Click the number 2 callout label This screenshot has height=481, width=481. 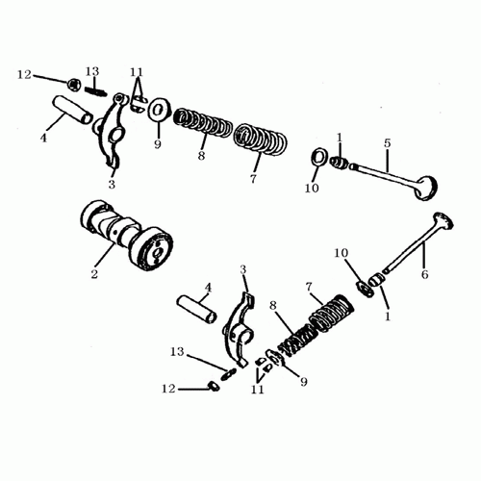(94, 274)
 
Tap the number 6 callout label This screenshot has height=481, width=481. (425, 274)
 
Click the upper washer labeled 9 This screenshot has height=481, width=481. (157, 108)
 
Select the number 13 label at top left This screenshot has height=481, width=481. (92, 72)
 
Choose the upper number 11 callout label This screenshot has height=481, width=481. (137, 73)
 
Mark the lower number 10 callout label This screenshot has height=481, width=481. (342, 253)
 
